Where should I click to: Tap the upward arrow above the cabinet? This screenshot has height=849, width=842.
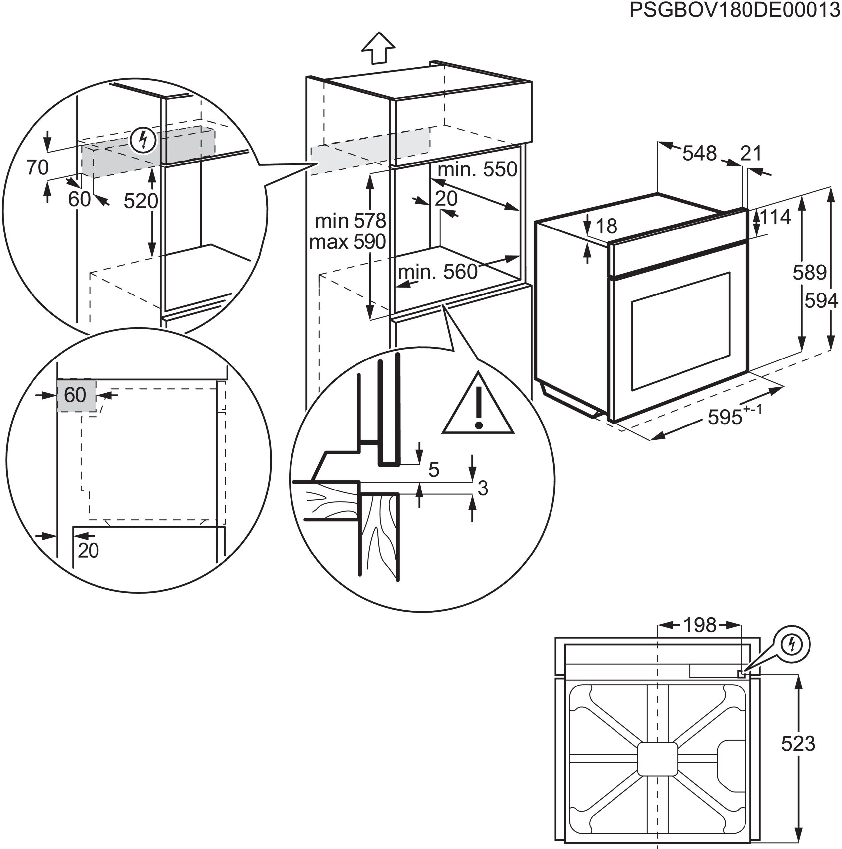pos(378,47)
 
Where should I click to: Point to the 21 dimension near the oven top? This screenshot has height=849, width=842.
pos(750,153)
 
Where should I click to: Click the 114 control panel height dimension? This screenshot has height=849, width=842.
pos(775,217)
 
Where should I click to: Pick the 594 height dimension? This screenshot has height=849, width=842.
pos(821,300)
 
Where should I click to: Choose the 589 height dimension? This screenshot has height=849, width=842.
pos(810,273)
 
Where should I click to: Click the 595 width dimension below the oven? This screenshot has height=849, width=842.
pos(725,417)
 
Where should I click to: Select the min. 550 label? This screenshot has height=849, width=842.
pos(477,169)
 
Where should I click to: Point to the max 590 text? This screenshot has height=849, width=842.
pos(347,242)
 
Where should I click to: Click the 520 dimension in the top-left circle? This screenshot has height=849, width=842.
pos(140,201)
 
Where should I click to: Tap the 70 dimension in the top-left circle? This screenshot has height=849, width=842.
pos(37,167)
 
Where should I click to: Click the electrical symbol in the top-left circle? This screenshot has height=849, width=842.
pos(143,140)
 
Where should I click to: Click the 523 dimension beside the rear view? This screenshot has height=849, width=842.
pos(798,744)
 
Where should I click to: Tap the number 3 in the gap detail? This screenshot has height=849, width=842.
pos(483,488)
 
